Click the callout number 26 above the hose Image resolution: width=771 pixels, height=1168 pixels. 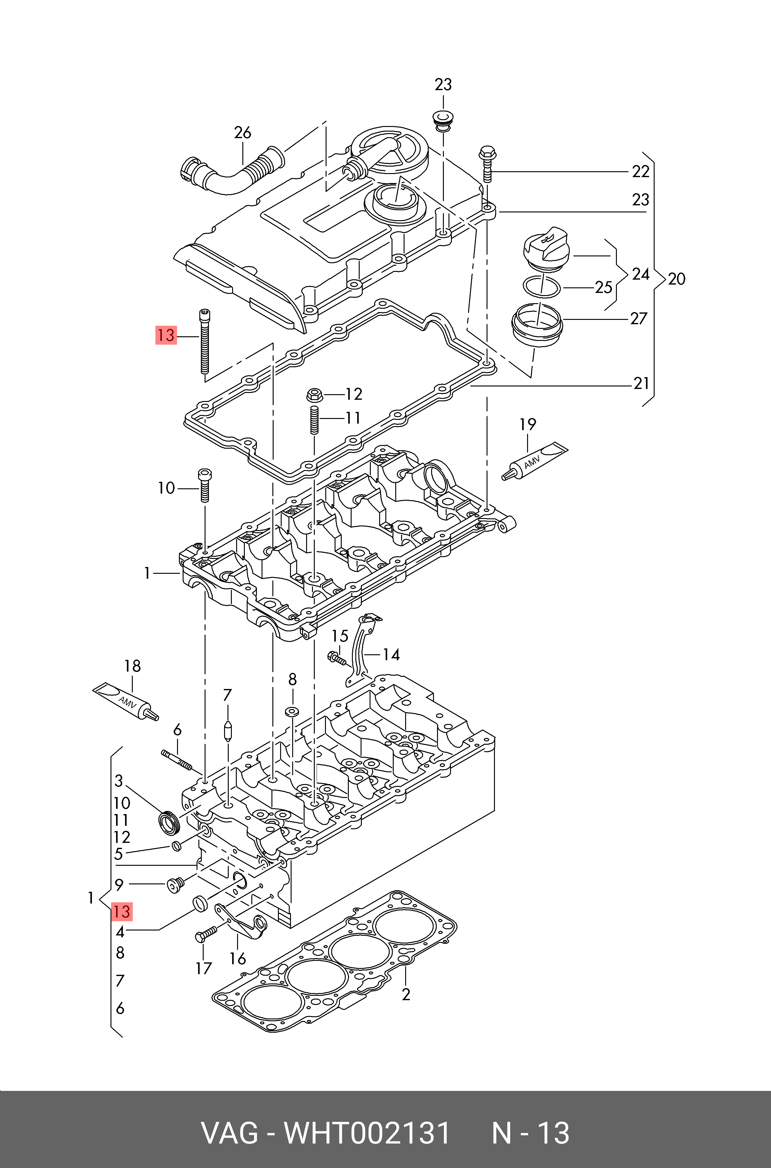point(242,133)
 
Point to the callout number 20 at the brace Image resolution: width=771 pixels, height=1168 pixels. point(677,279)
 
